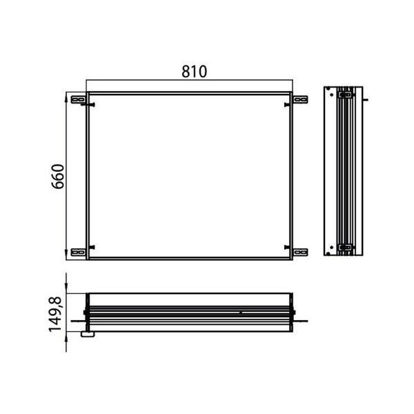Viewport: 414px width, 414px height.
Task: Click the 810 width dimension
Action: (195, 72)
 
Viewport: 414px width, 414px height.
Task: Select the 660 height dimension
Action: (57, 177)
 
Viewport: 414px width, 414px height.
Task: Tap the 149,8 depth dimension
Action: (55, 314)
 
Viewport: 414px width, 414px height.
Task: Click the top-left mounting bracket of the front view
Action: (79, 99)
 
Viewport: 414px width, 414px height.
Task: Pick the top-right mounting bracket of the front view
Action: (301, 99)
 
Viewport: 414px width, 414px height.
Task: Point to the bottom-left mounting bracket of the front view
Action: (79, 252)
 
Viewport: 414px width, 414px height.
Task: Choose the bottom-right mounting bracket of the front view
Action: (301, 252)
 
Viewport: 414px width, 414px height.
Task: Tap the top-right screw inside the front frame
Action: (288, 105)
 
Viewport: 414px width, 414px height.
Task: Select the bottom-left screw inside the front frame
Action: (92, 248)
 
